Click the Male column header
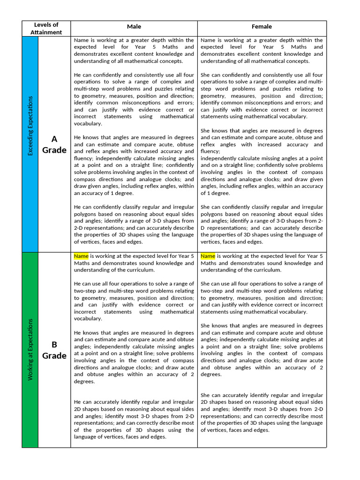[x=134, y=27]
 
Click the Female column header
[x=262, y=27]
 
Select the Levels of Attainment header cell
[x=46, y=29]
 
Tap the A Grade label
[x=54, y=144]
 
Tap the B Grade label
[x=54, y=349]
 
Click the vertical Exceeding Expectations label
[x=30, y=126]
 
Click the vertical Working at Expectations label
[x=30, y=349]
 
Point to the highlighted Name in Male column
[x=81, y=256]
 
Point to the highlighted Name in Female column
[x=208, y=256]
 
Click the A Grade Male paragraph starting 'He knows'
[x=134, y=165]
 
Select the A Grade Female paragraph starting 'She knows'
[x=262, y=162]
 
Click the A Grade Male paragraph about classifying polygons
[x=134, y=224]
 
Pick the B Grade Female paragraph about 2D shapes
[x=262, y=412]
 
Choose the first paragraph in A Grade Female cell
[x=262, y=51]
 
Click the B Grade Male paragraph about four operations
[x=134, y=301]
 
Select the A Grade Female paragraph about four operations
[x=262, y=96]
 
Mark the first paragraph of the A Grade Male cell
[x=134, y=51]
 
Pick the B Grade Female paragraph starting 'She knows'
[x=262, y=350]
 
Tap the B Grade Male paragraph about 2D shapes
[x=134, y=420]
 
